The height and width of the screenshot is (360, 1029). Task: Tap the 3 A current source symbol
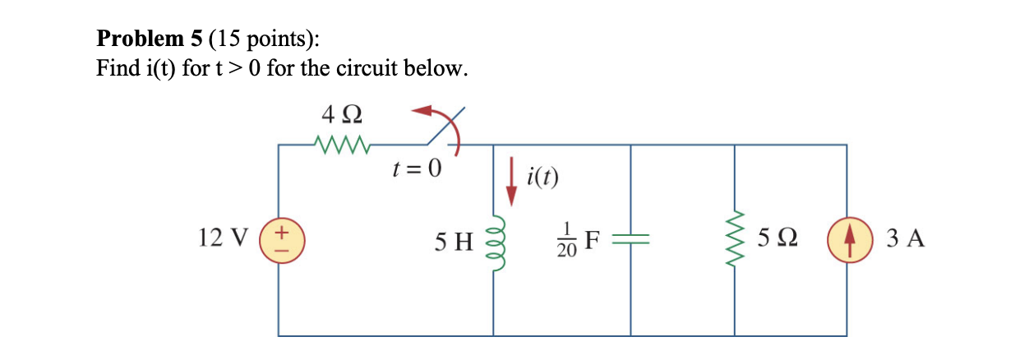tap(846, 239)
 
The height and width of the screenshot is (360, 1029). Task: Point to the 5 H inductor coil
tap(493, 239)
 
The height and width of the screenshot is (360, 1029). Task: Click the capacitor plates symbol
tap(630, 239)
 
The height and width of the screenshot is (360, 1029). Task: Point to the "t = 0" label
tap(417, 170)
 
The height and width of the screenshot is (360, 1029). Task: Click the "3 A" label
tap(907, 239)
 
